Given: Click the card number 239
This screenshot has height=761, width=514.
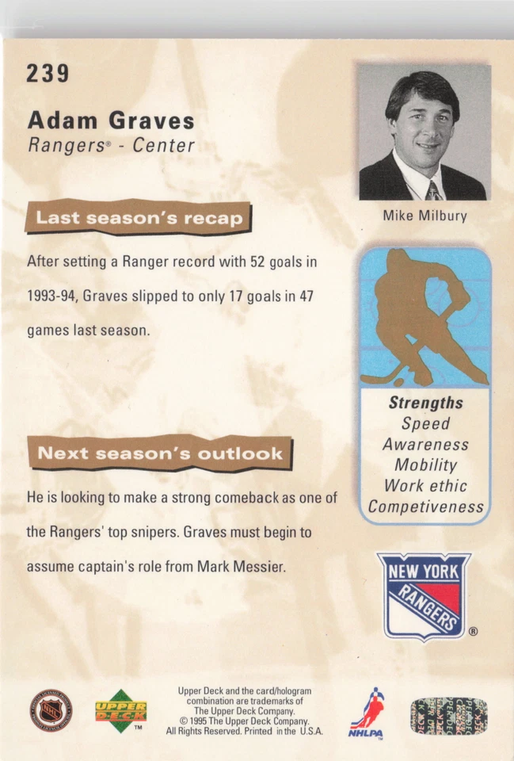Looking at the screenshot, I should click(x=48, y=74).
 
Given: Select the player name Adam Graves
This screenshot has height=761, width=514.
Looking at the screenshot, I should click(x=111, y=121).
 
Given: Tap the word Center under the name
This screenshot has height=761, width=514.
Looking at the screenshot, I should click(x=163, y=146).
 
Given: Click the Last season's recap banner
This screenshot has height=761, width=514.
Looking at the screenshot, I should click(x=139, y=217).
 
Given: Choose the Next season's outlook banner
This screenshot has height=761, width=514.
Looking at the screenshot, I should click(x=159, y=453).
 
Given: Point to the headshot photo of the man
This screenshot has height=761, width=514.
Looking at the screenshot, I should click(x=424, y=132).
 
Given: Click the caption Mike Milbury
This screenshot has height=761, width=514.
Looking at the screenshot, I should click(x=425, y=216).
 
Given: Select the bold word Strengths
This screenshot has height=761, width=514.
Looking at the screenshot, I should click(x=425, y=403).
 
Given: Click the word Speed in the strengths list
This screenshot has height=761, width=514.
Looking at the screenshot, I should click(x=425, y=424).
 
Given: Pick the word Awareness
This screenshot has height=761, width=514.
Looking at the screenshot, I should click(x=425, y=445).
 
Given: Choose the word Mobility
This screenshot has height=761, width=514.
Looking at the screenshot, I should click(x=425, y=465).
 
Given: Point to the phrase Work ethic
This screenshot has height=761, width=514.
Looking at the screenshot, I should click(x=425, y=486).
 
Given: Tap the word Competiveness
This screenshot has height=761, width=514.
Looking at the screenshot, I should click(x=425, y=507).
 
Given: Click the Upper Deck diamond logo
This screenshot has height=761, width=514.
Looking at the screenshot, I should click(x=121, y=711).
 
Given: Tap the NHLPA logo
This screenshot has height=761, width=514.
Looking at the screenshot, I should click(x=366, y=713).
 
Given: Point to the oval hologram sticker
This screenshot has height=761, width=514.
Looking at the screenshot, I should click(x=448, y=715).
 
